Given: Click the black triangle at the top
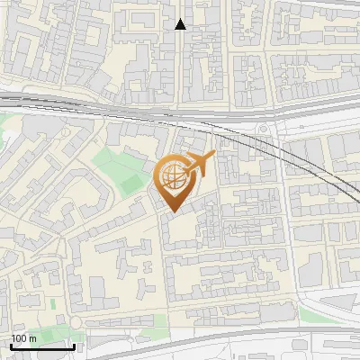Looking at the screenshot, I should pos(181,24).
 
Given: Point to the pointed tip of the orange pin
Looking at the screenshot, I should pos(172,211).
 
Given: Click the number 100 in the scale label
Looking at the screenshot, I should pos(19,338).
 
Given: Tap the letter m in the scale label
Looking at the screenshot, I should pos(32,338).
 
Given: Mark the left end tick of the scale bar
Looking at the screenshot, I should pos(11,346).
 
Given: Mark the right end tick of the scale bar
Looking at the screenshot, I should pos(74,346).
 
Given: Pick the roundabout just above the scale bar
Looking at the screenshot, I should pos(76,321).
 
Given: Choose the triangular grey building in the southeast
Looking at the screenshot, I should pos(337,301).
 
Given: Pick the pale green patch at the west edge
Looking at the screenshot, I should pos(7,126).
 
